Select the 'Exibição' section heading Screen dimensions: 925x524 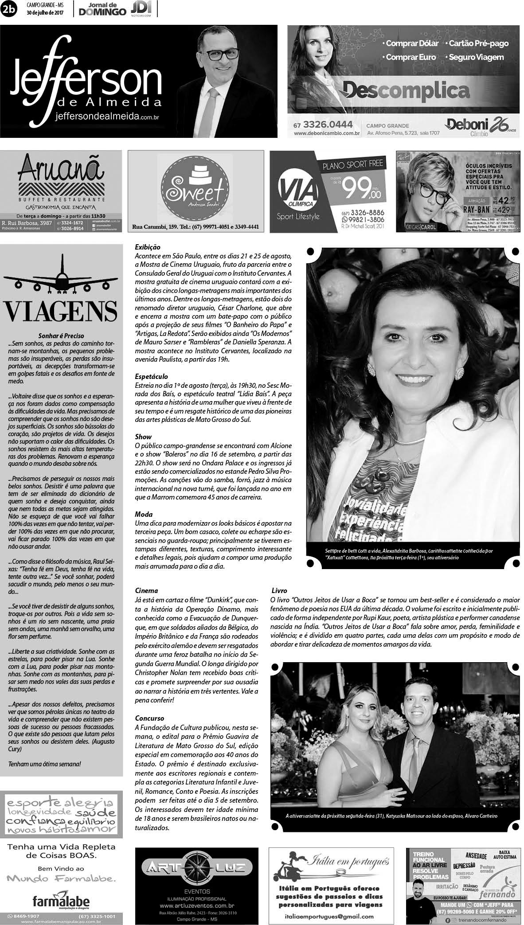point(147,247)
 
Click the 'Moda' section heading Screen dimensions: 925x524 point(144,514)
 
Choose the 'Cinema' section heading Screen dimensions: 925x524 point(146,590)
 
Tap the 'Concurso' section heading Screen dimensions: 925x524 point(149,718)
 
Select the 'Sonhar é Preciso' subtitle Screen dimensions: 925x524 point(61,336)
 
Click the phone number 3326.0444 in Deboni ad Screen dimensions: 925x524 point(323,125)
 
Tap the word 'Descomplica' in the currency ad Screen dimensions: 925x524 point(406,91)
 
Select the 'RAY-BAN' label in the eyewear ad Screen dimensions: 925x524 point(479,208)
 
